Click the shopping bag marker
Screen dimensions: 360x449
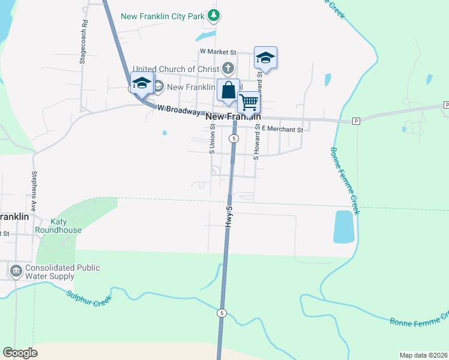(229, 91)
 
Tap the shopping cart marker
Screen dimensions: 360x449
(249, 103)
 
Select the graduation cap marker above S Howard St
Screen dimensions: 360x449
(265, 58)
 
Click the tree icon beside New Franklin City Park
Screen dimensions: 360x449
(212, 14)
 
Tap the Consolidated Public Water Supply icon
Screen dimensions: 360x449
(16, 272)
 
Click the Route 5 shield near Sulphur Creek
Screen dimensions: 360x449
(221, 313)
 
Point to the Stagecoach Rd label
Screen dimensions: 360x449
(85, 44)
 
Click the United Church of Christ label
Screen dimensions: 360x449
(175, 69)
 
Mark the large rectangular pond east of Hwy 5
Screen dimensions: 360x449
(343, 227)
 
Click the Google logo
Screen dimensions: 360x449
(20, 353)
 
